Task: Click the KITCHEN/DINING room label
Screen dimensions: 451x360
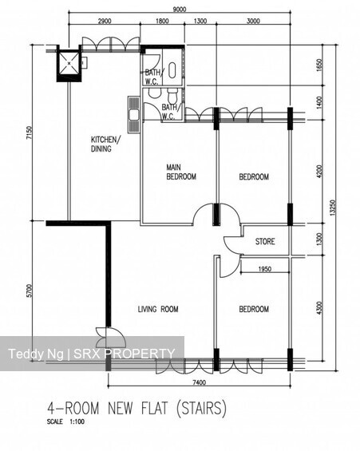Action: pyautogui.click(x=106, y=144)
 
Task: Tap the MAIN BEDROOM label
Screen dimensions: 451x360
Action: pyautogui.click(x=180, y=172)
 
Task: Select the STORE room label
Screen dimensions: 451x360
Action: pyautogui.click(x=265, y=241)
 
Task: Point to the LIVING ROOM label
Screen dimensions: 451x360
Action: pyautogui.click(x=157, y=310)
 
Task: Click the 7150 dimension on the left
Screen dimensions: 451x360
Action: pyautogui.click(x=30, y=133)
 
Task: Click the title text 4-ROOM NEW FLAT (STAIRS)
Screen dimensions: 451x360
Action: pyautogui.click(x=137, y=409)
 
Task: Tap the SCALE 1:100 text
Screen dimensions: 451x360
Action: pyautogui.click(x=66, y=421)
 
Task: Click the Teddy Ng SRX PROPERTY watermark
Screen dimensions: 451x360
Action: pyautogui.click(x=91, y=354)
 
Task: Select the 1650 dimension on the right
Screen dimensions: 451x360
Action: pyautogui.click(x=319, y=65)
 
